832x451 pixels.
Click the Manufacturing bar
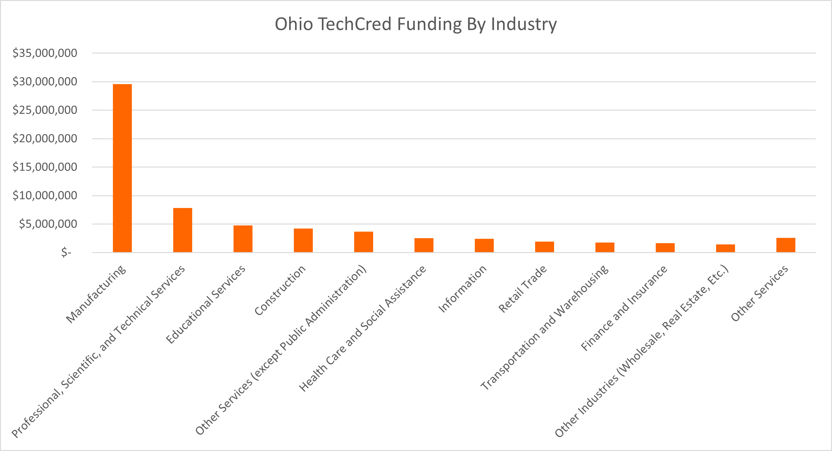[122, 168]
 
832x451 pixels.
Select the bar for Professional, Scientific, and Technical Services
[183, 230]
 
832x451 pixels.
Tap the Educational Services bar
[243, 239]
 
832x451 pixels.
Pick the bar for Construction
[303, 240]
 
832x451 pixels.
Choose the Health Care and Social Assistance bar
[424, 245]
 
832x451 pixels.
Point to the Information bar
[484, 245]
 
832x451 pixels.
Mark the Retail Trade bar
[544, 247]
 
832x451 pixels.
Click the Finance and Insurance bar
[665, 247]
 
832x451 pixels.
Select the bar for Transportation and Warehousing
[605, 247]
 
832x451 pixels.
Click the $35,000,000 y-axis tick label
[45, 53]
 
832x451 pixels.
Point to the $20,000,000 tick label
[45, 139]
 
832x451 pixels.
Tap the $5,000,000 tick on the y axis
[48, 224]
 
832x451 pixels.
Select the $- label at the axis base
[66, 252]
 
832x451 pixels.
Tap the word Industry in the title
[524, 24]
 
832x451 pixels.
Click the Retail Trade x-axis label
[523, 289]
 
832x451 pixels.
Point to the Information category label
[462, 289]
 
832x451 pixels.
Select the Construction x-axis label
[280, 290]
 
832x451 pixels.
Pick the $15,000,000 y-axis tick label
[45, 167]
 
